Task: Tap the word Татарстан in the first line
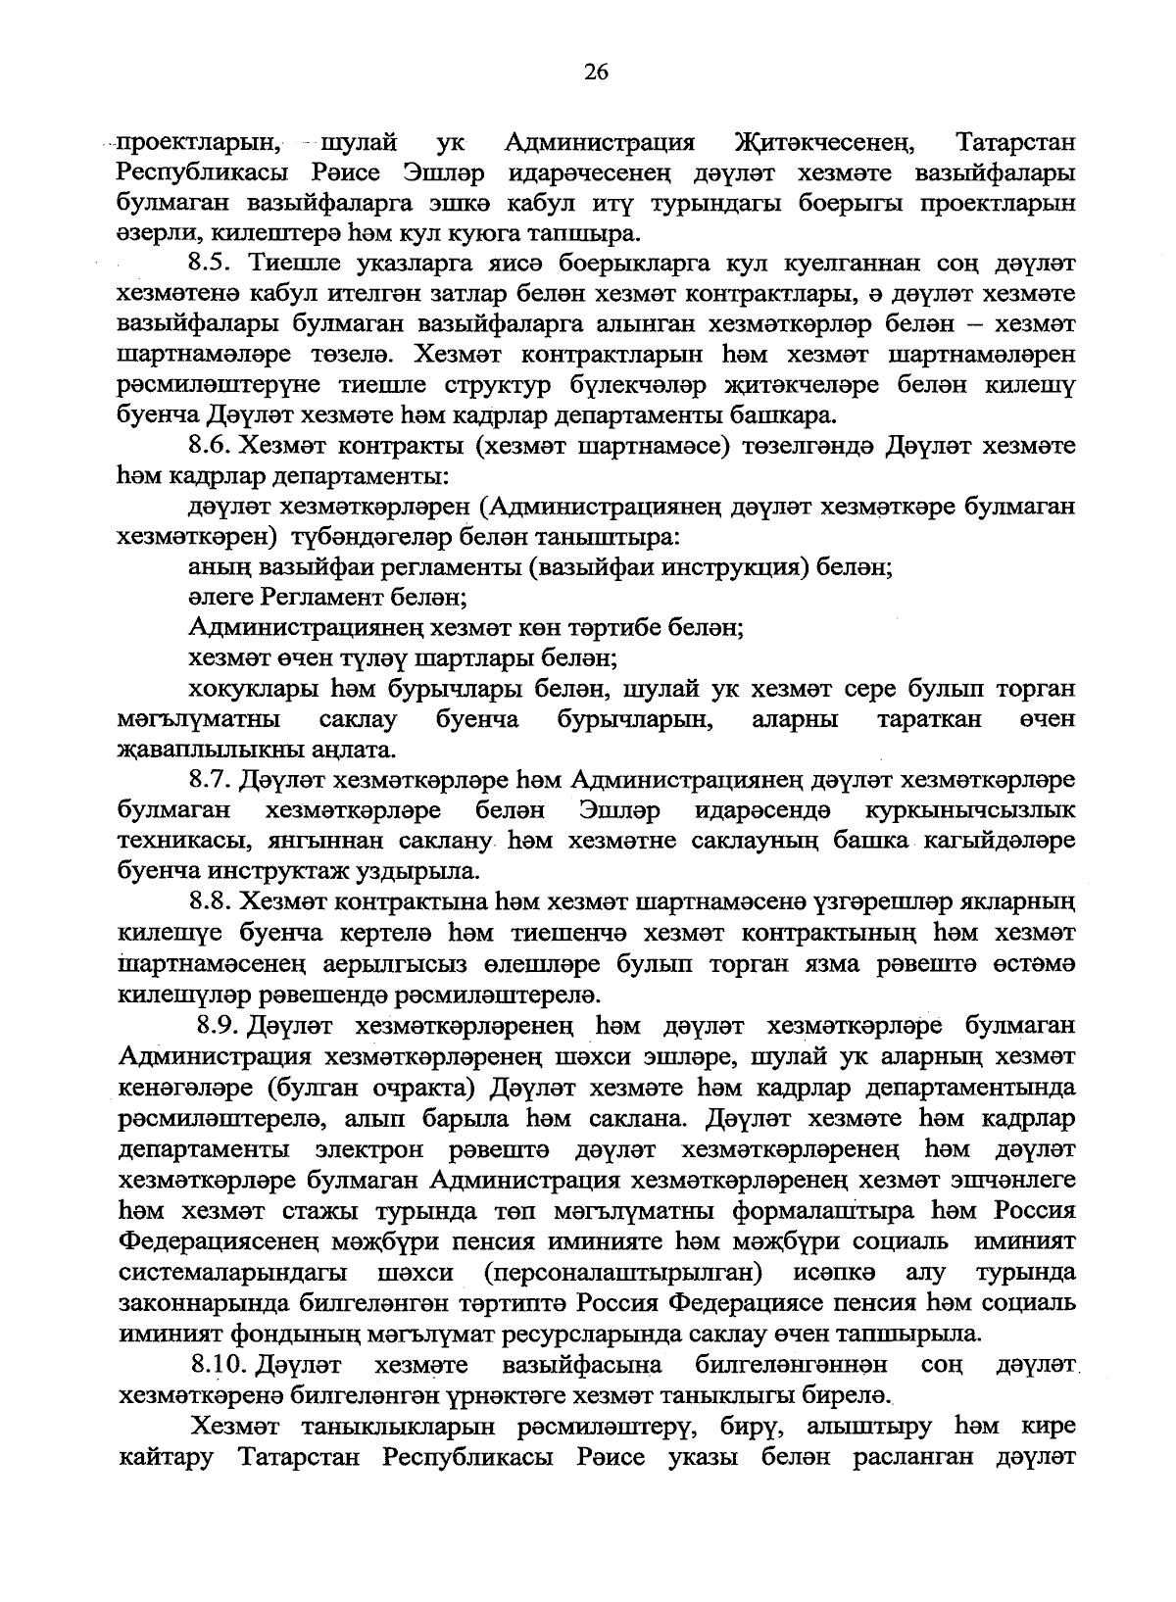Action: [1015, 142]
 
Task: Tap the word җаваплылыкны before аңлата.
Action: [216, 750]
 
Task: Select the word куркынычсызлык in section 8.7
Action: [970, 810]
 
